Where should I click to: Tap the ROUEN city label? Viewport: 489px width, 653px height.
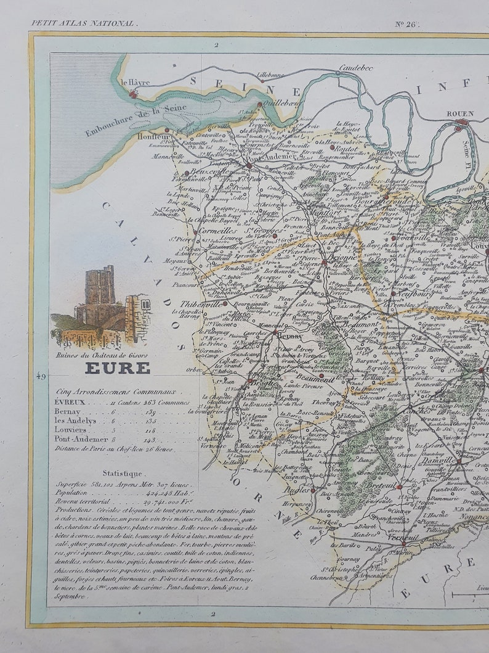pos(459,113)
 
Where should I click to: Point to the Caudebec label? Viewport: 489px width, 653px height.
pos(356,68)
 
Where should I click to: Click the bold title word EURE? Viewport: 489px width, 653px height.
pos(117,368)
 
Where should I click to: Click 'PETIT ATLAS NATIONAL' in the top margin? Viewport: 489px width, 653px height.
pos(83,23)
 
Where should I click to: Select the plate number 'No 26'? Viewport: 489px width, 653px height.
pos(406,24)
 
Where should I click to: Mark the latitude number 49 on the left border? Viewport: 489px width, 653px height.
pos(41,376)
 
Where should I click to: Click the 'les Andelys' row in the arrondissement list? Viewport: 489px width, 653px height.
pos(75,421)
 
